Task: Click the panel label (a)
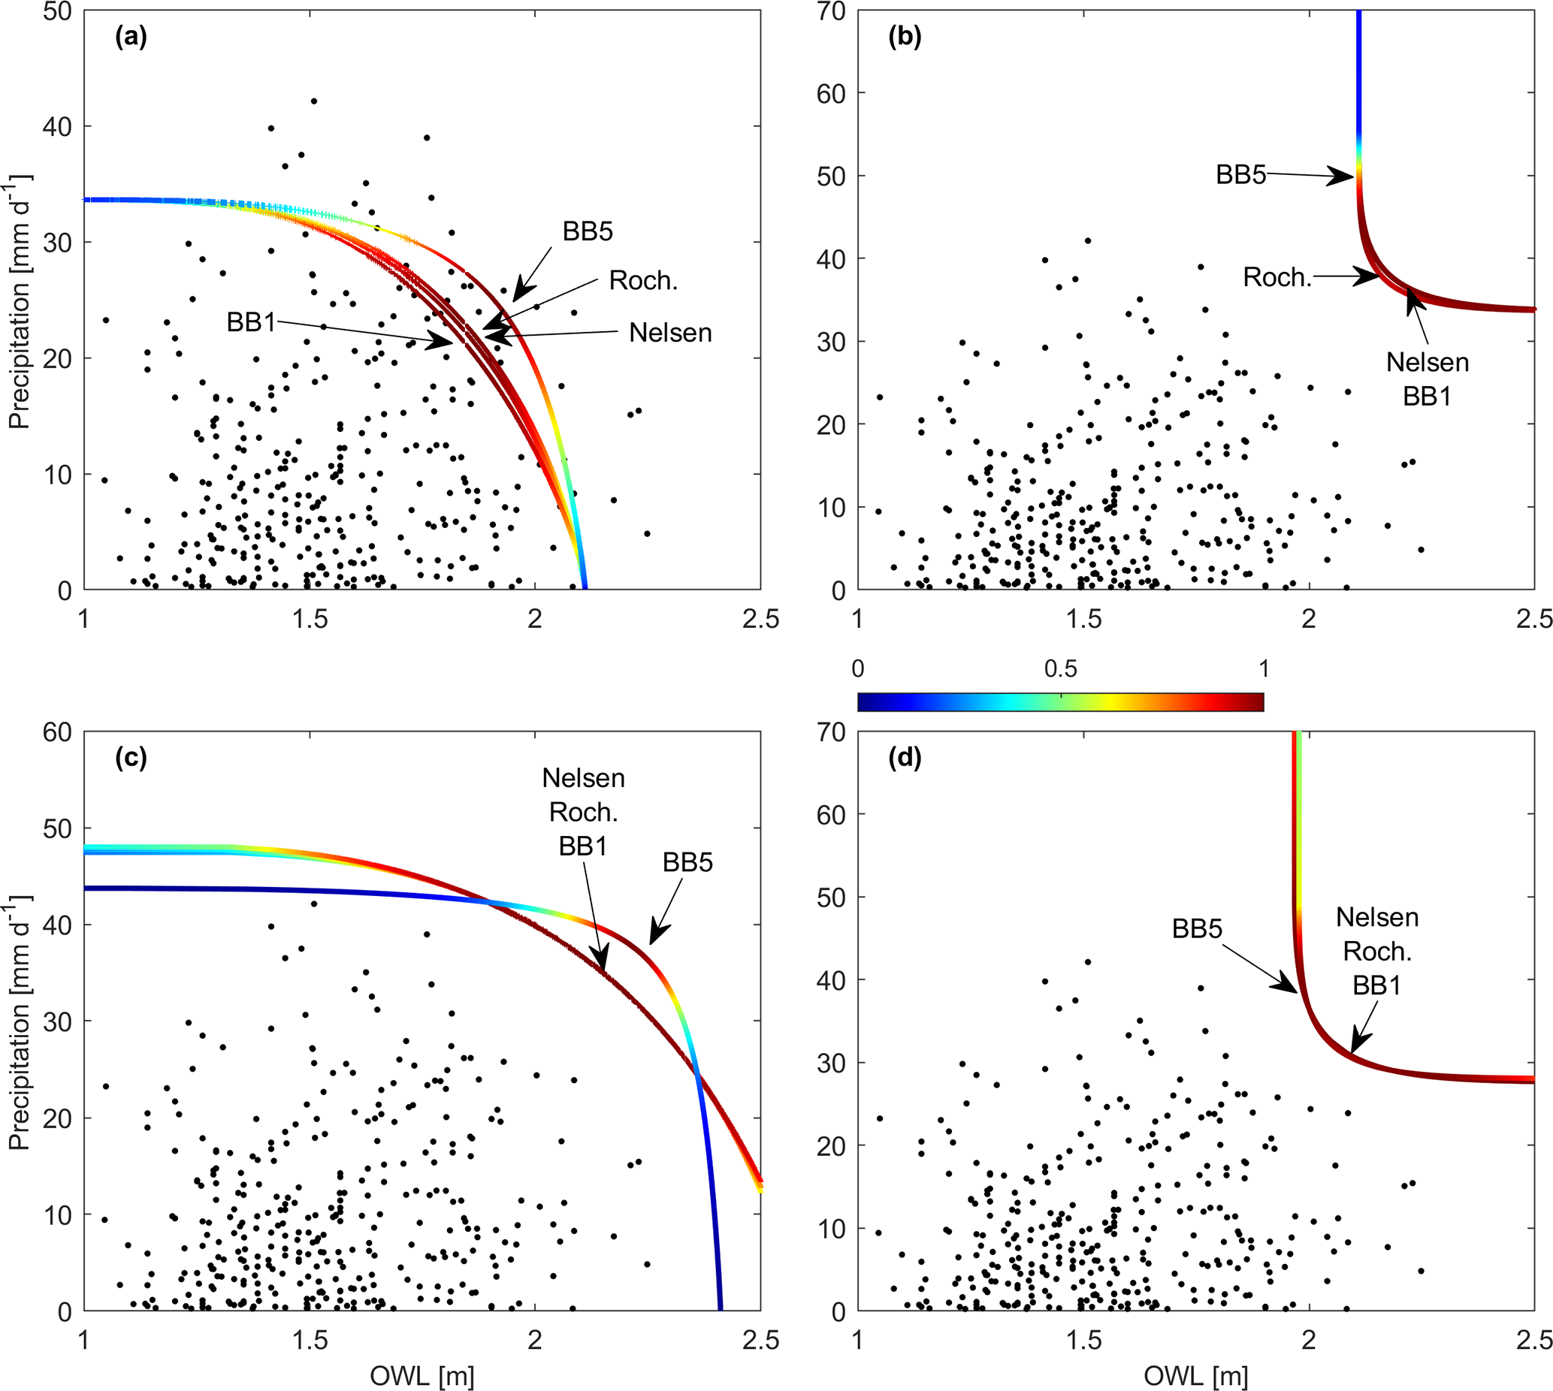pos(131,37)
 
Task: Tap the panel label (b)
pos(905,37)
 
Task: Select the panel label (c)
pos(131,757)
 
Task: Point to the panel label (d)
pos(905,757)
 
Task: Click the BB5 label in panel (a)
pos(588,231)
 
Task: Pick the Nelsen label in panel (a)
pos(670,333)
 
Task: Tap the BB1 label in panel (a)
pos(251,321)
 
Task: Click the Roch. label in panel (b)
pos(1277,276)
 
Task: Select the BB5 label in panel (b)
pos(1240,175)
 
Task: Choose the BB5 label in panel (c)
pos(687,862)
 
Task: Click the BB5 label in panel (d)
pos(1197,928)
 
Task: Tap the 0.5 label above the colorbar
pos(1060,669)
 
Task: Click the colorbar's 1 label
pos(1263,669)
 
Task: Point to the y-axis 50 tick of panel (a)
pos(57,11)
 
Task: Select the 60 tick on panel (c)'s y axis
pos(57,732)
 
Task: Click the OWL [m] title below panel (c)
pos(421,1377)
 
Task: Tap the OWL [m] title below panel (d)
pos(1195,1377)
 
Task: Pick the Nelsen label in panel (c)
pos(583,778)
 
